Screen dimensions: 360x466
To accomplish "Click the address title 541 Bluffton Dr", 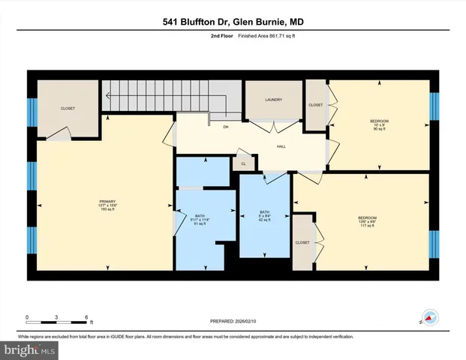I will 233,24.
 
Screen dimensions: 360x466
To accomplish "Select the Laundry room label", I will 272,100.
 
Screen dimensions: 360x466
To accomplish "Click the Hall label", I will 281,148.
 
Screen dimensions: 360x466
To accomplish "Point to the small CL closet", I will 243,163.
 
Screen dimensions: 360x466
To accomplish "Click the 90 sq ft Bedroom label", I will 379,124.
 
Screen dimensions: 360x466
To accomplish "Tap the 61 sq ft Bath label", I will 200,219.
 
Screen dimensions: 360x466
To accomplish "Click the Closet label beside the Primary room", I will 68,109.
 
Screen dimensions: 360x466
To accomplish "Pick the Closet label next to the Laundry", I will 315,105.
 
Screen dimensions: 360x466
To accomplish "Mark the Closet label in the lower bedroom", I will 302,242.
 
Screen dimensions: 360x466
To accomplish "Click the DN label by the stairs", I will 225,127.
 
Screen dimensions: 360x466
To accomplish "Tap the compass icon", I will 428,319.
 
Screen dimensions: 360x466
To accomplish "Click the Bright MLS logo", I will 29,349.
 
